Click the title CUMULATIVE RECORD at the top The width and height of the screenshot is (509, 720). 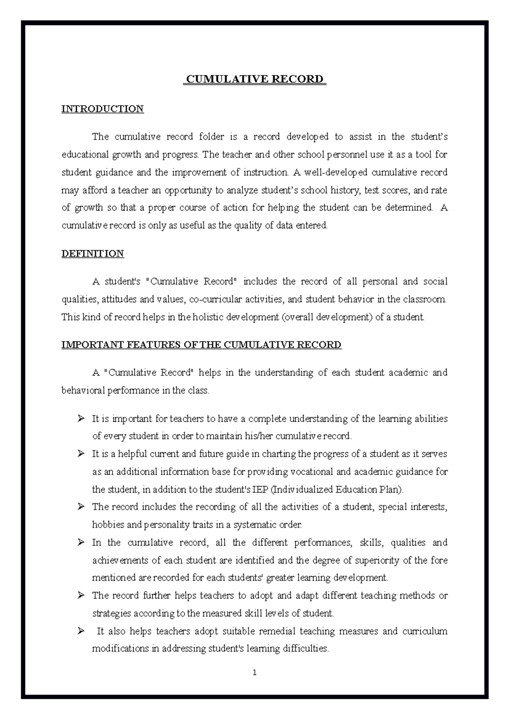tap(255, 79)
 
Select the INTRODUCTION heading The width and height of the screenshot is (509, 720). tap(103, 109)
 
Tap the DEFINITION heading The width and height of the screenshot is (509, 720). tap(92, 254)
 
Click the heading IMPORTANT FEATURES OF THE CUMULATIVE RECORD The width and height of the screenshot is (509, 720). tap(201, 344)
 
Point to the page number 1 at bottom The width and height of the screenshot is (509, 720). tap(255, 673)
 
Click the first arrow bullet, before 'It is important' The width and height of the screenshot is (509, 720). tap(81, 419)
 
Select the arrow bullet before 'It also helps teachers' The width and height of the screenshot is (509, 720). tap(81, 631)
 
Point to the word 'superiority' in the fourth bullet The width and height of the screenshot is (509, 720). tap(377, 561)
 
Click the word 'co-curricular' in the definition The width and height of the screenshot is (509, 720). tap(215, 299)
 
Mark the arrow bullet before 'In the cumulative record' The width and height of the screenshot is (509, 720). tap(81, 543)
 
